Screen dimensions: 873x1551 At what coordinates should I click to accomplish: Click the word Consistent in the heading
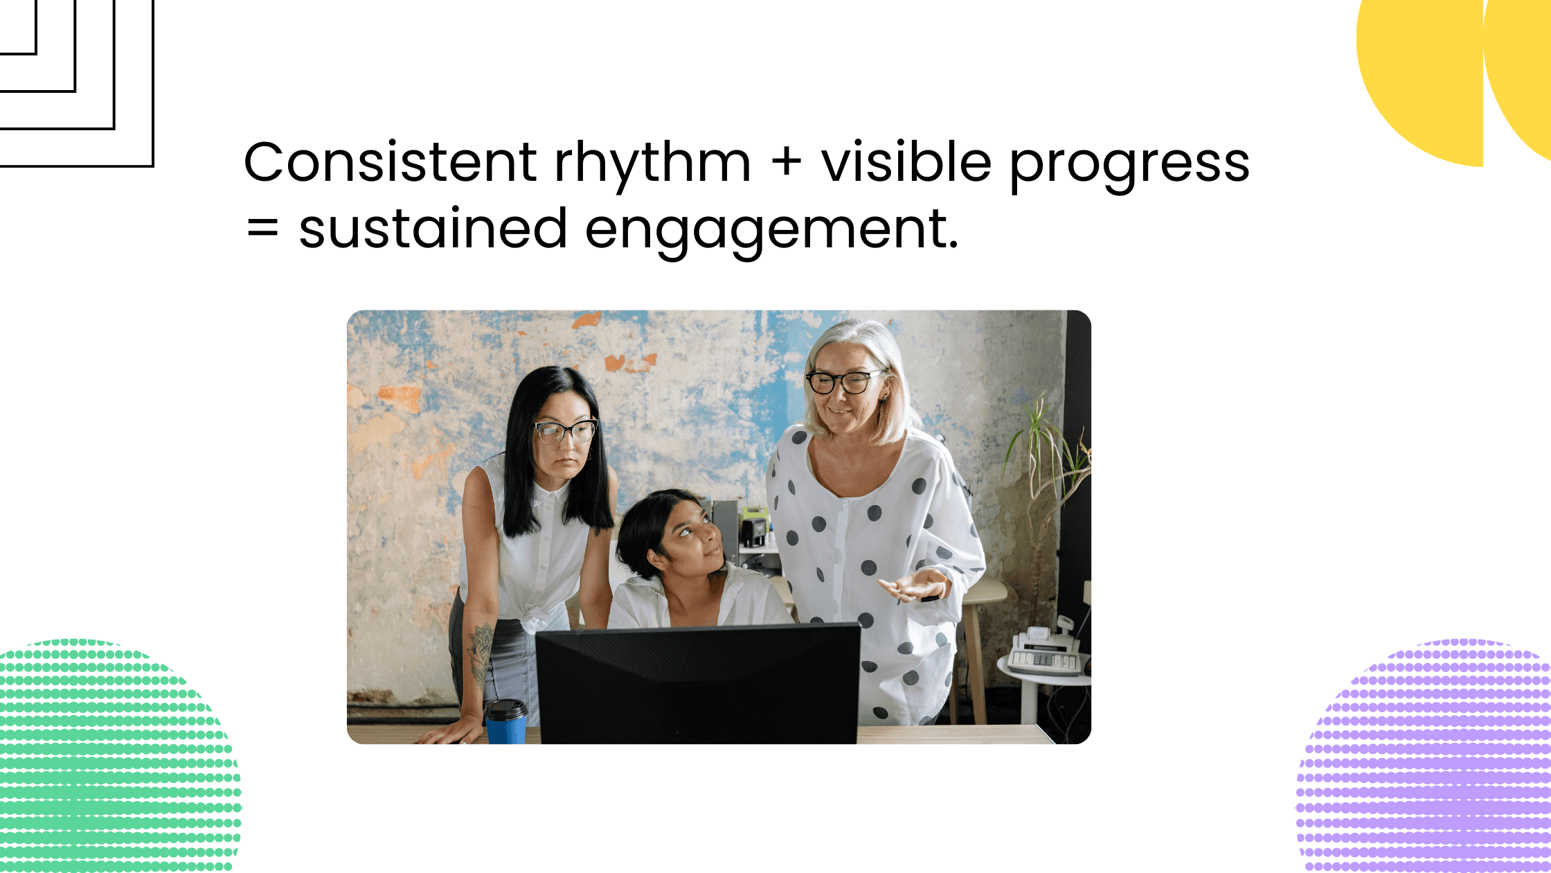point(390,163)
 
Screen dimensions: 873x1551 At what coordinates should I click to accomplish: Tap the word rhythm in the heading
point(652,163)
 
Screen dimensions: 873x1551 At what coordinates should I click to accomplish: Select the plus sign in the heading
point(786,164)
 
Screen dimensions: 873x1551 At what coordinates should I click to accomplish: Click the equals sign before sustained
point(263,228)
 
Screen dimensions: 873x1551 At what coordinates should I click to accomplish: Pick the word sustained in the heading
point(433,229)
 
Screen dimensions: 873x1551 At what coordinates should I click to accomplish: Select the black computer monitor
point(697,682)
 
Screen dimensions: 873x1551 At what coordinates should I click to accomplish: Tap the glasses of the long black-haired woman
point(565,431)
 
